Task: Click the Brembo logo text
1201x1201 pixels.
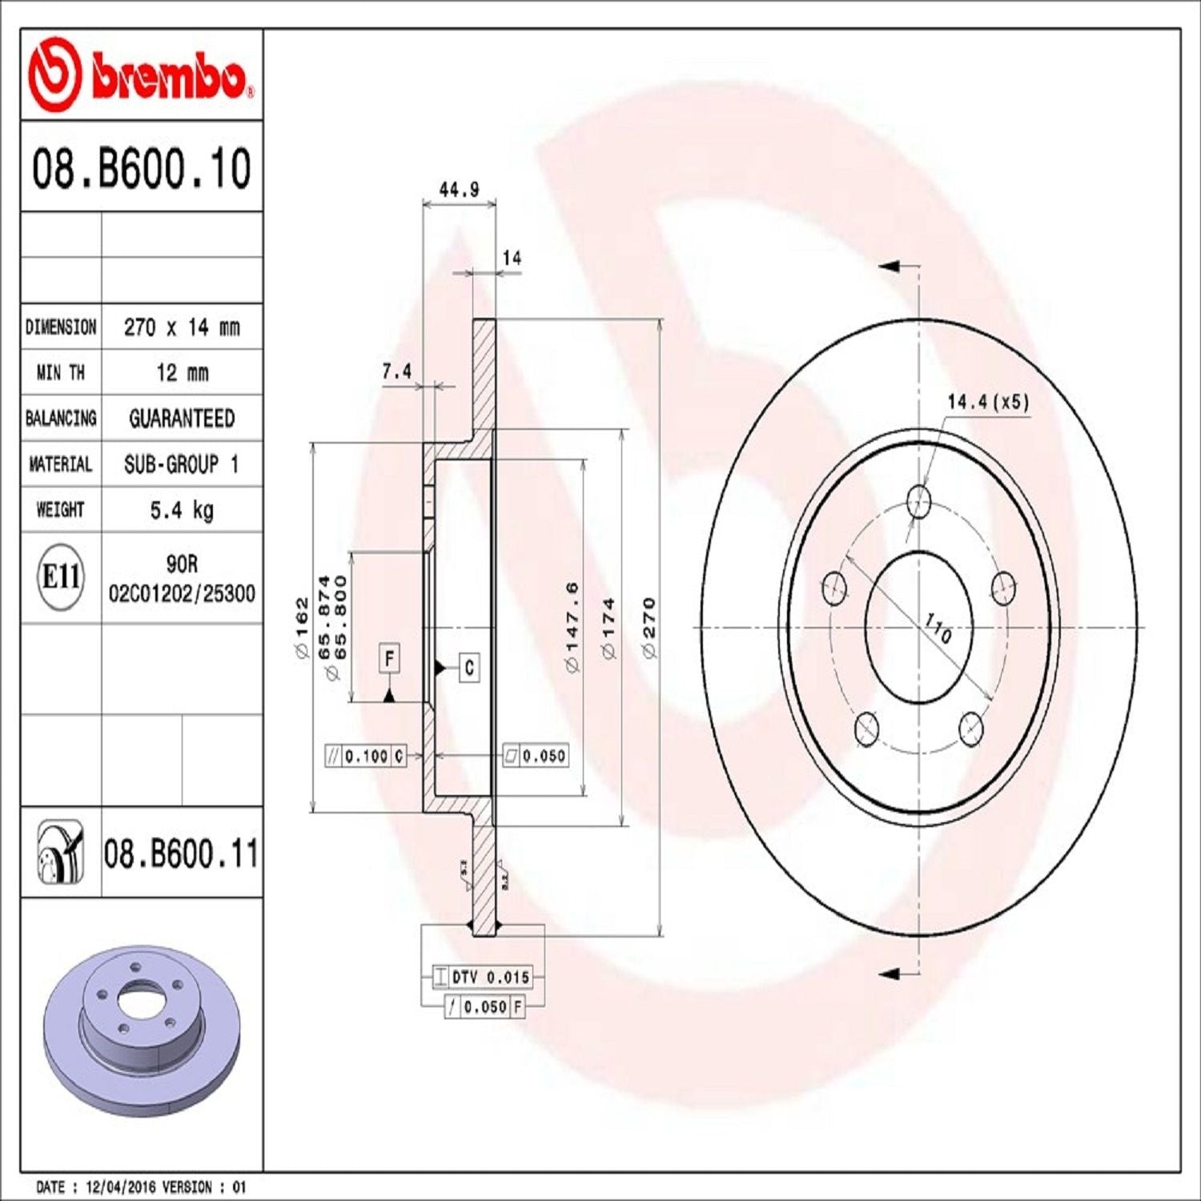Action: point(168,78)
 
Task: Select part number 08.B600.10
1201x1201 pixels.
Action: point(141,168)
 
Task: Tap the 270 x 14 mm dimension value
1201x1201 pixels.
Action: point(182,327)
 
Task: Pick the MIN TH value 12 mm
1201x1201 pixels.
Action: point(182,373)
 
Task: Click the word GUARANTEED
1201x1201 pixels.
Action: point(182,419)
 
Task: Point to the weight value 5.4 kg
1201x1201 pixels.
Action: point(182,510)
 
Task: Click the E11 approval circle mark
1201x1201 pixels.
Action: point(60,576)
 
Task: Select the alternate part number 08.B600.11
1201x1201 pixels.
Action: point(181,854)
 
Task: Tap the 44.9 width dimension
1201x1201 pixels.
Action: point(459,190)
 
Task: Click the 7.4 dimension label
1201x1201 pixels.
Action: point(396,372)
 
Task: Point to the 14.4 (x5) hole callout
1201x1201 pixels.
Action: point(987,402)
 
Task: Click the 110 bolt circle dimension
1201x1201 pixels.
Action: point(938,628)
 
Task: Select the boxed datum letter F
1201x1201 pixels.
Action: point(389,659)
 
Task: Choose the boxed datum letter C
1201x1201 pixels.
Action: point(469,667)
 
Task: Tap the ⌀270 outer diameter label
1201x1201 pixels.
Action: point(649,628)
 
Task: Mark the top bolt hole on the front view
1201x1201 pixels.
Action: point(919,503)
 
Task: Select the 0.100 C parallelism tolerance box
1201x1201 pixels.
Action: point(366,756)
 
